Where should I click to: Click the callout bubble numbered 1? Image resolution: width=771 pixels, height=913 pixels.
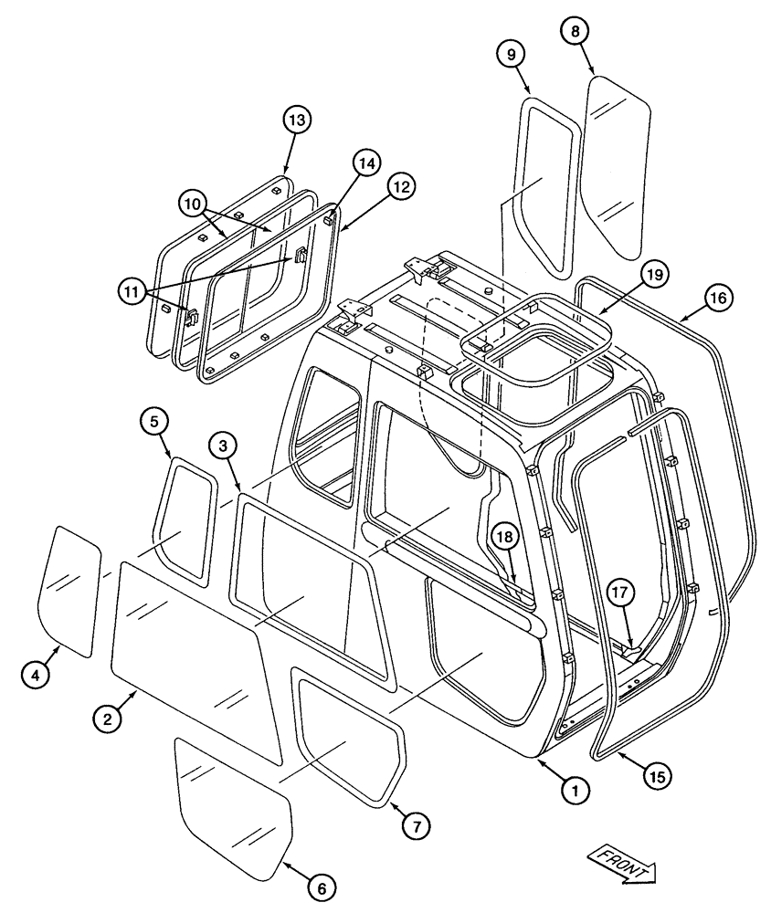coord(573,792)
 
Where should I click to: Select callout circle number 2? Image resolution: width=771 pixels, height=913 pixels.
coord(107,719)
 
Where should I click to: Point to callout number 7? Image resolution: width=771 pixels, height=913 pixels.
coord(415,825)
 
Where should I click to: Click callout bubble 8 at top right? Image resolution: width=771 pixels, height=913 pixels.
coord(574,31)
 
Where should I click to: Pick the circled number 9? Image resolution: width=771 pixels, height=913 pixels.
coord(511,54)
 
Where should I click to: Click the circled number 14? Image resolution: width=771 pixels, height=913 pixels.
coord(364,163)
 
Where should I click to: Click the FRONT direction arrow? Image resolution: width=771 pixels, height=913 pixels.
coord(624,864)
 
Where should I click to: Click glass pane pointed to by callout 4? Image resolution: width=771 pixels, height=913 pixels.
coord(67,589)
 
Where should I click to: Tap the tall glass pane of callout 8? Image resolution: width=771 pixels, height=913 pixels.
coord(618,164)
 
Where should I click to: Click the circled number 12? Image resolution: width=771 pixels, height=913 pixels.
coord(400,185)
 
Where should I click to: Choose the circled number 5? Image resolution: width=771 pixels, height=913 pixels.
coord(154,421)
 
